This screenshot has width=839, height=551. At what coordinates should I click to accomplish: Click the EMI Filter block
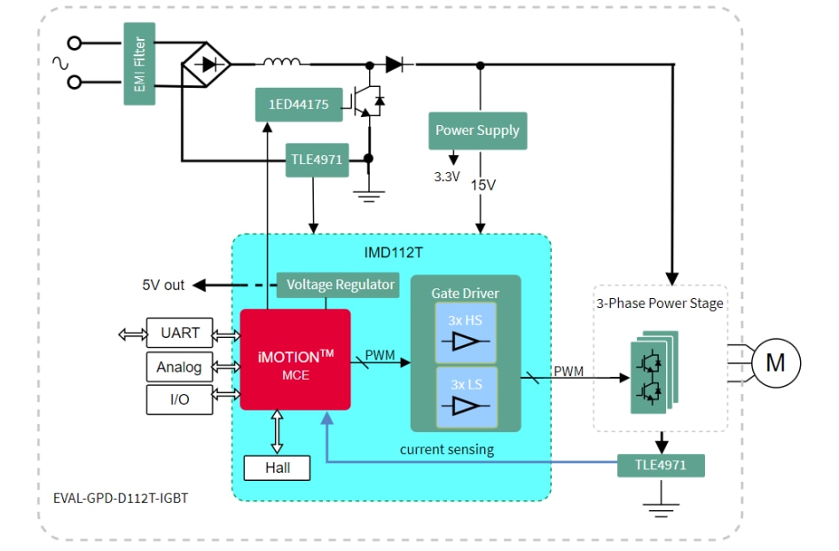point(139,64)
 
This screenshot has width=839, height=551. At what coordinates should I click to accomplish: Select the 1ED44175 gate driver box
point(298,105)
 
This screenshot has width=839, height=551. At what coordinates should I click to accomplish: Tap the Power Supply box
point(477,130)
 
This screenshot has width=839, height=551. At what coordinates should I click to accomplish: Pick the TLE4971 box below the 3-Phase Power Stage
point(662,465)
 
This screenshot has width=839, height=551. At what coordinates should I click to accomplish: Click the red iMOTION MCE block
point(295,359)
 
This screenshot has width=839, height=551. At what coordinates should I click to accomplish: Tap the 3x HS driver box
point(467,333)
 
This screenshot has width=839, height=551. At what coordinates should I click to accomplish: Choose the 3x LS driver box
point(467,397)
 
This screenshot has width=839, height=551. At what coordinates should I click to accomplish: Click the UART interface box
point(180,334)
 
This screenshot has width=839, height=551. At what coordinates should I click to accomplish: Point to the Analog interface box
point(179,366)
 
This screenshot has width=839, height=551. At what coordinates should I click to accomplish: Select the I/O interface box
point(179,399)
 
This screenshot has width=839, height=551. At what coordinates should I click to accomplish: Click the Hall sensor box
point(277,467)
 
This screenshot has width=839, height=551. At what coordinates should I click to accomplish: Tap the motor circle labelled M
point(775,363)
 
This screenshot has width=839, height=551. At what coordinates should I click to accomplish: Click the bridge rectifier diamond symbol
point(206,64)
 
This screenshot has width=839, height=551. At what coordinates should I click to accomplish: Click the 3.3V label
point(447,177)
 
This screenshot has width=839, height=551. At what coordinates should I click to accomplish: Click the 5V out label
point(163,285)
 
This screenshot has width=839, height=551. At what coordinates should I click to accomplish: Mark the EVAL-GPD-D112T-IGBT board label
point(114,498)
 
